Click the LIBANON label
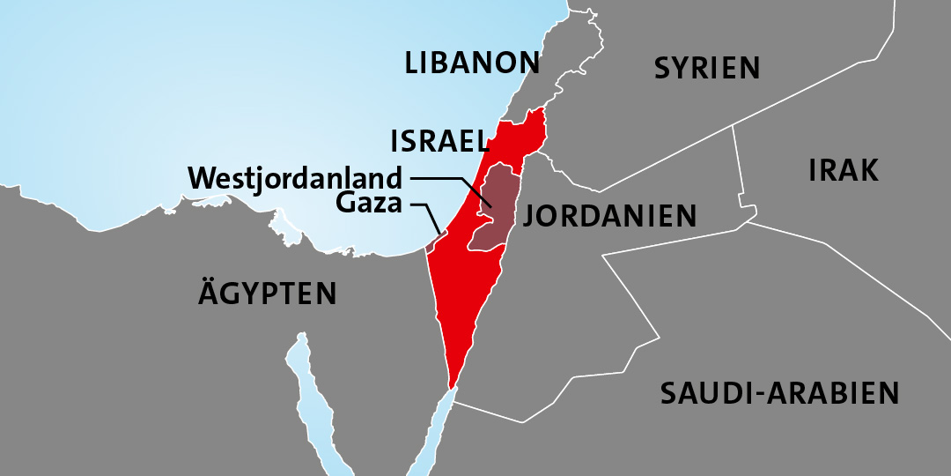click(x=472, y=63)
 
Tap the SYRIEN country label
click(x=706, y=68)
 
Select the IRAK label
click(x=843, y=170)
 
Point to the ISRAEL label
click(x=439, y=141)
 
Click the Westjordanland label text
click(x=295, y=178)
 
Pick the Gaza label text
click(x=369, y=205)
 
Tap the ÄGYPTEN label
click(x=267, y=294)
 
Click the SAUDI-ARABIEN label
click(x=779, y=393)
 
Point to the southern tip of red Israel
click(x=453, y=383)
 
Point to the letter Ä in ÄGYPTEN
click(x=210, y=294)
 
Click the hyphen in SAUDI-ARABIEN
click(x=761, y=394)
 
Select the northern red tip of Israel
click(x=536, y=115)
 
